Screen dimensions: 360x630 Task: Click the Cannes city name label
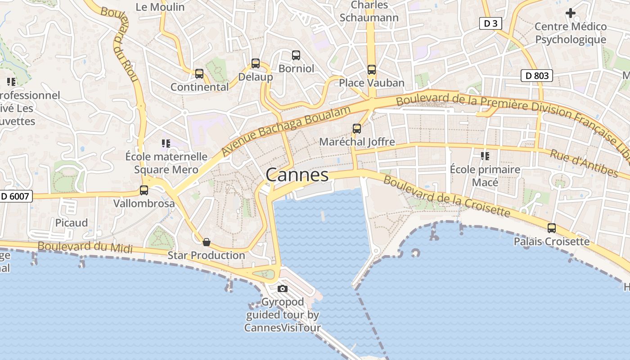297,175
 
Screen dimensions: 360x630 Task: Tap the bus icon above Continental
199,74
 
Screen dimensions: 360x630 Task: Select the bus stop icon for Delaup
256,63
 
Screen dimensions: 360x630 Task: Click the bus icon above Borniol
296,55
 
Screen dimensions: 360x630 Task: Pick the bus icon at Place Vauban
372,70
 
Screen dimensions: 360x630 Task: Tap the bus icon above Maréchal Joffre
357,129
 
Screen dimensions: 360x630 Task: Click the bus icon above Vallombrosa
144,190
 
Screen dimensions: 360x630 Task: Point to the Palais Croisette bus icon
552,228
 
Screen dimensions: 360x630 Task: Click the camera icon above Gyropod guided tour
283,288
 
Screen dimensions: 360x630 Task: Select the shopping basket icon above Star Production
207,243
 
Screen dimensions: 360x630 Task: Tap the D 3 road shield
490,23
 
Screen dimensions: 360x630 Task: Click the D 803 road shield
537,76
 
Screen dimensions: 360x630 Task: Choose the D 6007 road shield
16,196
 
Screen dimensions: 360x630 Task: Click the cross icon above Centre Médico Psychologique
571,13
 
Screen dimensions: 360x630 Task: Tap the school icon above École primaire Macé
485,156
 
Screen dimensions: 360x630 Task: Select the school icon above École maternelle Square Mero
166,144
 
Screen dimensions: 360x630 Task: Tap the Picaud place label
72,223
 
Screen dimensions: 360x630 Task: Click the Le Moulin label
160,7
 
